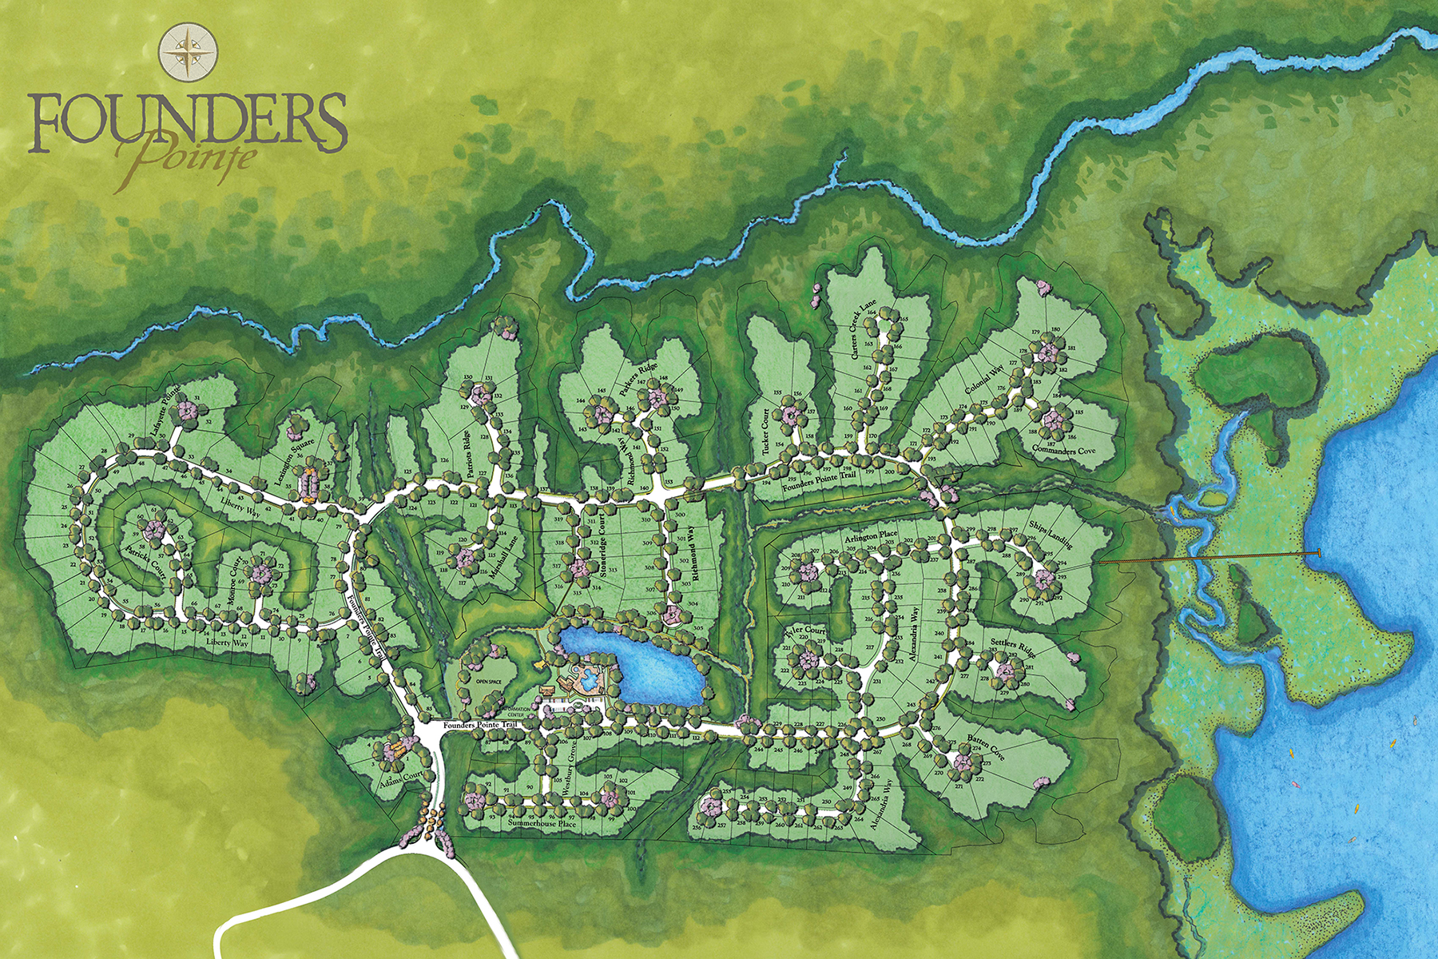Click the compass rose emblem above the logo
(x=189, y=50)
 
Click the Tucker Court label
(x=766, y=432)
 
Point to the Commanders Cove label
(x=1065, y=450)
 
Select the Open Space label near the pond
(x=488, y=681)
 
